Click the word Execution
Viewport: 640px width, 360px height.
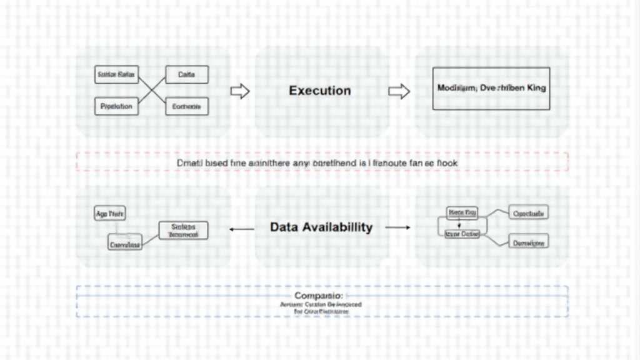(319, 91)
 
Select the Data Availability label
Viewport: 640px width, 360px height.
(321, 227)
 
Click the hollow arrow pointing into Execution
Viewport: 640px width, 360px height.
(240, 92)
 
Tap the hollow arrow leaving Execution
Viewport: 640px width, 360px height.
(399, 92)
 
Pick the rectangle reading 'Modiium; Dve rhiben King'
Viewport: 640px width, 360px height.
(491, 89)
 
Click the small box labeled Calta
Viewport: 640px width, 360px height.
(186, 75)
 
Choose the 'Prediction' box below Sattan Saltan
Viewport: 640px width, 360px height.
(116, 106)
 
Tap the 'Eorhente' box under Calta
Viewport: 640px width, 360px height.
(186, 107)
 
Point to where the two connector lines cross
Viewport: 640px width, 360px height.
(151, 91)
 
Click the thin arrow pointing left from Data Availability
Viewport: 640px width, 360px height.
(241, 229)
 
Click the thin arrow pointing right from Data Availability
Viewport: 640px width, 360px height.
(397, 227)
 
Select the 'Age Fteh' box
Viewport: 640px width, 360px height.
(109, 214)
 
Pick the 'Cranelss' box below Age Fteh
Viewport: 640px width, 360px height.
(125, 244)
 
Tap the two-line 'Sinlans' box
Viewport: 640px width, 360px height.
(183, 231)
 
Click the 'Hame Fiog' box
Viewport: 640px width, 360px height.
(462, 213)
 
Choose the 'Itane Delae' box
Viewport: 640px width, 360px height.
(461, 234)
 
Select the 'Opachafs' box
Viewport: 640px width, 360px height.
(529, 213)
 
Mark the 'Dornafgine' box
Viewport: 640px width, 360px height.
(529, 243)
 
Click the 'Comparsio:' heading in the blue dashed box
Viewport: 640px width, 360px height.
(318, 295)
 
